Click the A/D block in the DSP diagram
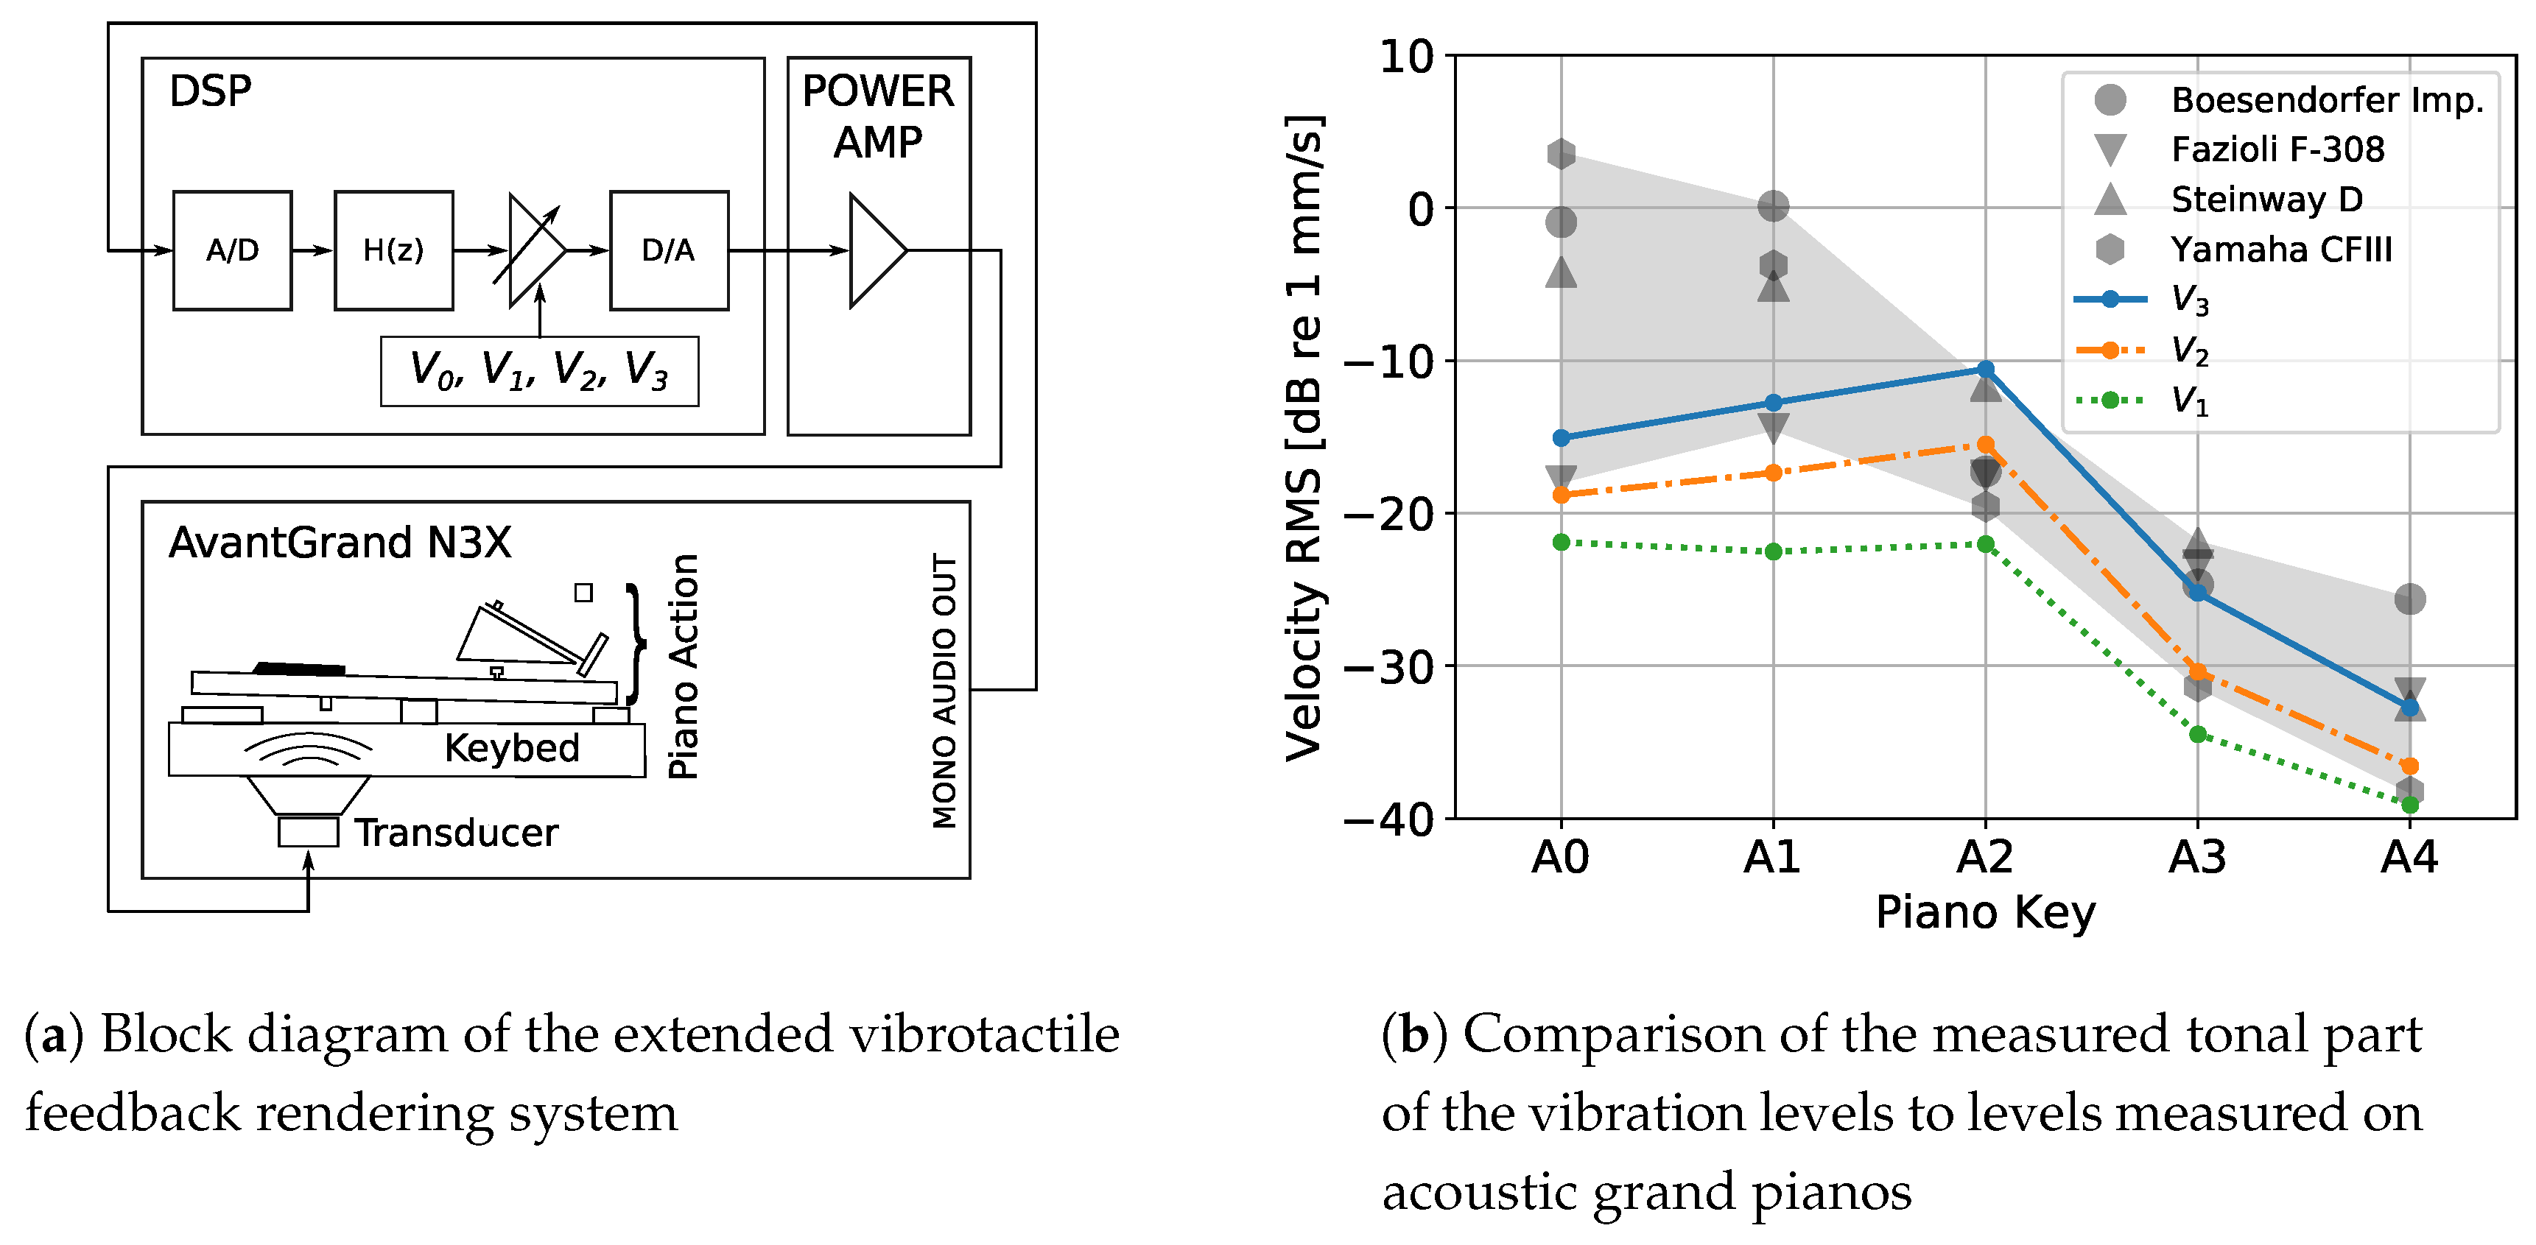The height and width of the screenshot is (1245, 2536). click(x=232, y=251)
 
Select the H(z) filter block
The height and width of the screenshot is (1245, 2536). click(x=394, y=251)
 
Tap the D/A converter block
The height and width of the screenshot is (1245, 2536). click(x=669, y=251)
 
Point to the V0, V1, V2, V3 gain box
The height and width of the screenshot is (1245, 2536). click(x=539, y=371)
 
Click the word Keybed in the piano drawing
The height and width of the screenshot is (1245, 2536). click(x=512, y=748)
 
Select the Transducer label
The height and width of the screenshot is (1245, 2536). click(x=456, y=833)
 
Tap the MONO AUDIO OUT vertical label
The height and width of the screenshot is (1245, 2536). click(x=944, y=690)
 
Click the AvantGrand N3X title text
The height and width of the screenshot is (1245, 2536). click(x=340, y=543)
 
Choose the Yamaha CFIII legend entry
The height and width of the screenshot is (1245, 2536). click(x=2281, y=249)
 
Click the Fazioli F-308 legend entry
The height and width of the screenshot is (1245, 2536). click(x=2277, y=149)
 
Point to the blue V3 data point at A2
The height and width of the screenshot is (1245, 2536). click(x=1986, y=369)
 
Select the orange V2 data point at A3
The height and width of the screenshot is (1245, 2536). click(x=2197, y=672)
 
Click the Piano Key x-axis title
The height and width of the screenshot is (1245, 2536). click(x=1985, y=912)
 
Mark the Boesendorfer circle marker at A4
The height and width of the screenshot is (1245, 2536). click(x=2409, y=599)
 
